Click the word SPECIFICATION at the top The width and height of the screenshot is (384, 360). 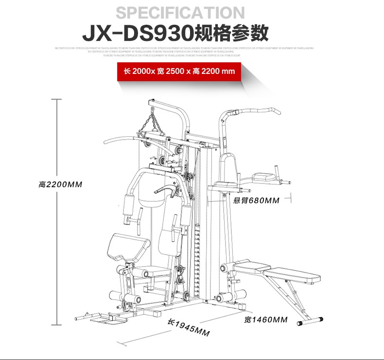point(180,13)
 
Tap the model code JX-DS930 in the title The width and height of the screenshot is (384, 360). point(137,34)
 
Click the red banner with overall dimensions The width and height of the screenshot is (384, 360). point(179,71)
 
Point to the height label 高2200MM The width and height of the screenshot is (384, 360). point(61,185)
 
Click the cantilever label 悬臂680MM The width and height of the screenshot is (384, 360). point(256,200)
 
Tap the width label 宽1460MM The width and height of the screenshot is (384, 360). point(266,320)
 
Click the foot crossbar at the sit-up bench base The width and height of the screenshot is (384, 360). point(309,321)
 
